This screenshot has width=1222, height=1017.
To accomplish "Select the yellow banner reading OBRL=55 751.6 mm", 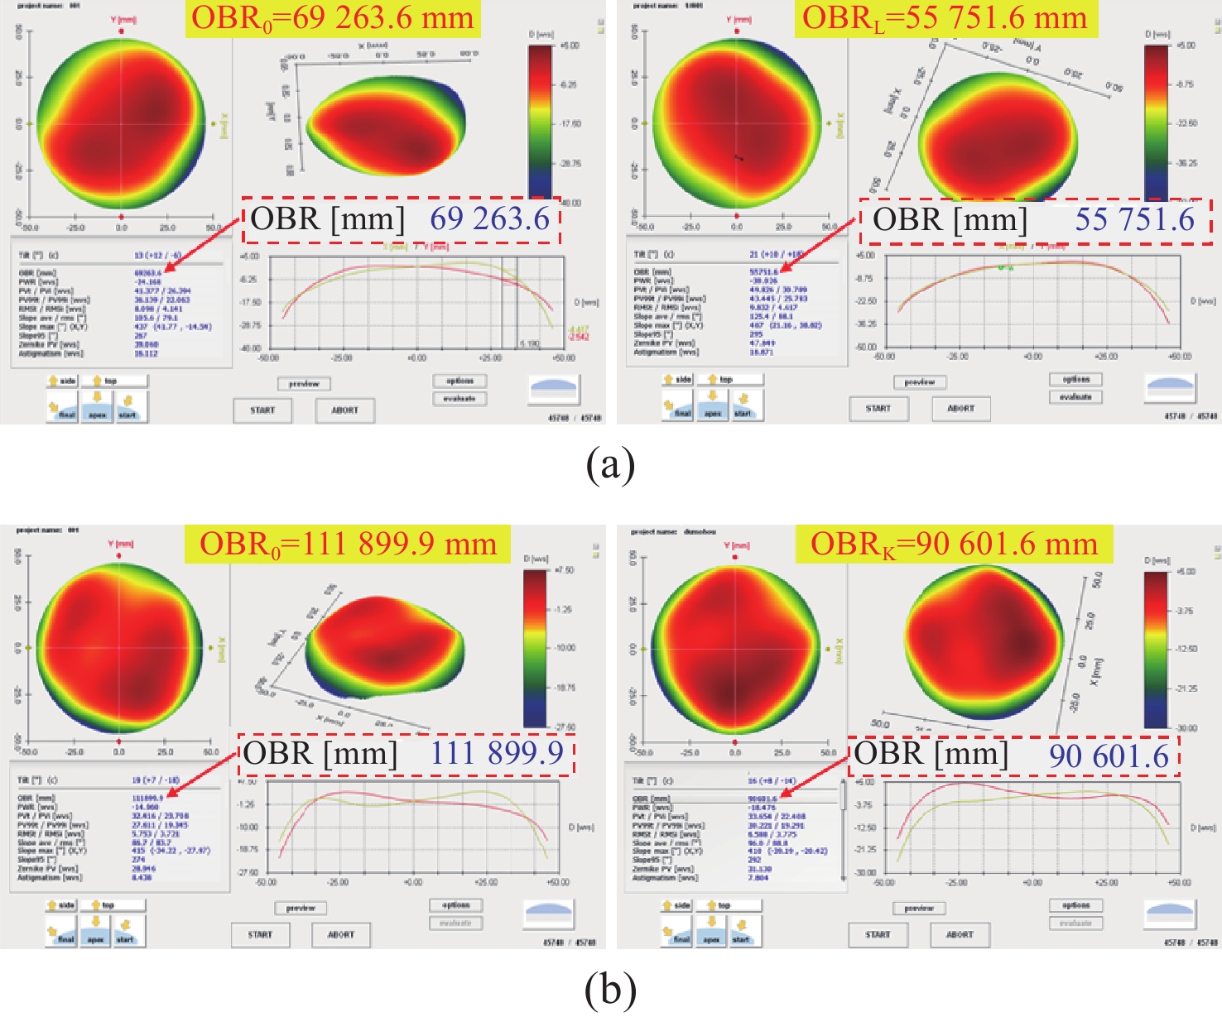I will [945, 18].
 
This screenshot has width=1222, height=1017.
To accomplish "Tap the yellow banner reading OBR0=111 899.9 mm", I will [349, 544].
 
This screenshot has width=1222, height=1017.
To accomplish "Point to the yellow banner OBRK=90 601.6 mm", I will [954, 544].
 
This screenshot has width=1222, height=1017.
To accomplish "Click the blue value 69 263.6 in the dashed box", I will [490, 219].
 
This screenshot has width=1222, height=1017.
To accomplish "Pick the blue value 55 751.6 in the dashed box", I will [1135, 219].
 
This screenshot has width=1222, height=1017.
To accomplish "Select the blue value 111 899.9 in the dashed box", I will [497, 754].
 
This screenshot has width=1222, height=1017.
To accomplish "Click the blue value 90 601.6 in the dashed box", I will [1109, 756].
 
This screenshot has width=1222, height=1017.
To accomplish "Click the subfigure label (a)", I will [610, 466].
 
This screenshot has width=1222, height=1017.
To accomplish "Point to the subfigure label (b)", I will [610, 990].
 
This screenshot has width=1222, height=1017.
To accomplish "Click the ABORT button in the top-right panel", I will [960, 408].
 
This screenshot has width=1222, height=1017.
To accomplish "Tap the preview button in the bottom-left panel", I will [301, 908].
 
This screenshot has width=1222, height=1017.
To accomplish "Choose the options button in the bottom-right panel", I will [1075, 905].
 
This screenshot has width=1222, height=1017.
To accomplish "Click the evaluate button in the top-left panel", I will [459, 398].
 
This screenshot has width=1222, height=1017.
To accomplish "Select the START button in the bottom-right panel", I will [878, 934].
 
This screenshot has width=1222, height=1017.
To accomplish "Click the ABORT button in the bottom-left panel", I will [341, 934].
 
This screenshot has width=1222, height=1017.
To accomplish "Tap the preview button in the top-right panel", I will [919, 382].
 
